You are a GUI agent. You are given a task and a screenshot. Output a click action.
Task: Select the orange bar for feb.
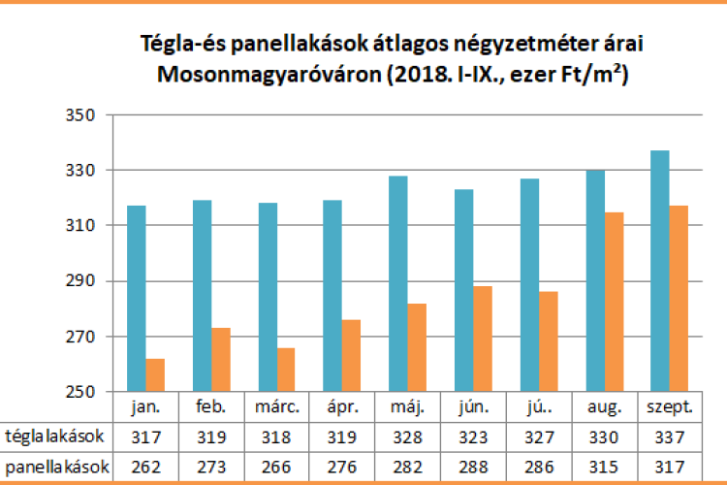pos(221,360)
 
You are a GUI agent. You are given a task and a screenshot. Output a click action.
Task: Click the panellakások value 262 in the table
pos(145,467)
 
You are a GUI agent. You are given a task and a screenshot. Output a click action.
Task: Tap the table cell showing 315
pos(603,467)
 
